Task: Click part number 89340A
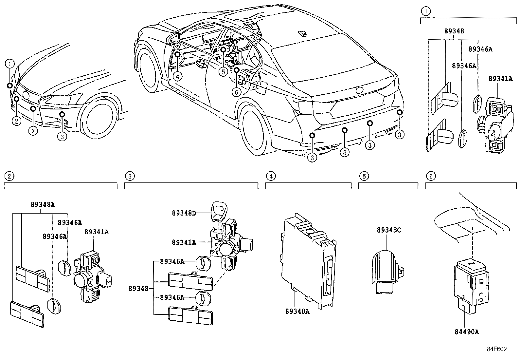297,311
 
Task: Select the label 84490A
466,332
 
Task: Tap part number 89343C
389,230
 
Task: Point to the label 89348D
184,213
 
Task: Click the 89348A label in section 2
43,204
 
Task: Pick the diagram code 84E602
497,349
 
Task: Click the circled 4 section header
270,176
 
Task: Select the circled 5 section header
364,176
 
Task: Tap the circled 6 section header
431,176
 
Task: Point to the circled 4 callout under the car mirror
177,77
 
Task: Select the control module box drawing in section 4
308,259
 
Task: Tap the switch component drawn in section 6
471,282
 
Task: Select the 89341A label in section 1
500,79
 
